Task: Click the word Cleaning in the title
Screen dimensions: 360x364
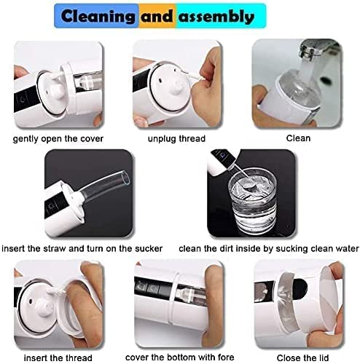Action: tap(98, 16)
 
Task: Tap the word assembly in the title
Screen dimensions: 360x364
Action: tap(216, 17)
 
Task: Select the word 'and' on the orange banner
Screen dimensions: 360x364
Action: tap(157, 16)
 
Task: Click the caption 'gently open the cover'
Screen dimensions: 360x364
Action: tap(58, 139)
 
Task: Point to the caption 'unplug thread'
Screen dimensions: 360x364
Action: tap(176, 139)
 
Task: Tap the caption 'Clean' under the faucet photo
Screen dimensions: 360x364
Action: tap(298, 138)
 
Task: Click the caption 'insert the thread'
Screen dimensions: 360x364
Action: tap(58, 358)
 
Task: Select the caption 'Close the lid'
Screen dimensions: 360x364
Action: tap(302, 358)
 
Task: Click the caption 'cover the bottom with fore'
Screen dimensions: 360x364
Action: tap(180, 357)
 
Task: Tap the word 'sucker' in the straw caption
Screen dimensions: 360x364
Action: tap(149, 248)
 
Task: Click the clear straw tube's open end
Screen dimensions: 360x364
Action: tap(126, 177)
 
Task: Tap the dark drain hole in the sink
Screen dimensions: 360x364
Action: tap(326, 80)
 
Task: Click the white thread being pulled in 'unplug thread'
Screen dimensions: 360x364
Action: tap(192, 75)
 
